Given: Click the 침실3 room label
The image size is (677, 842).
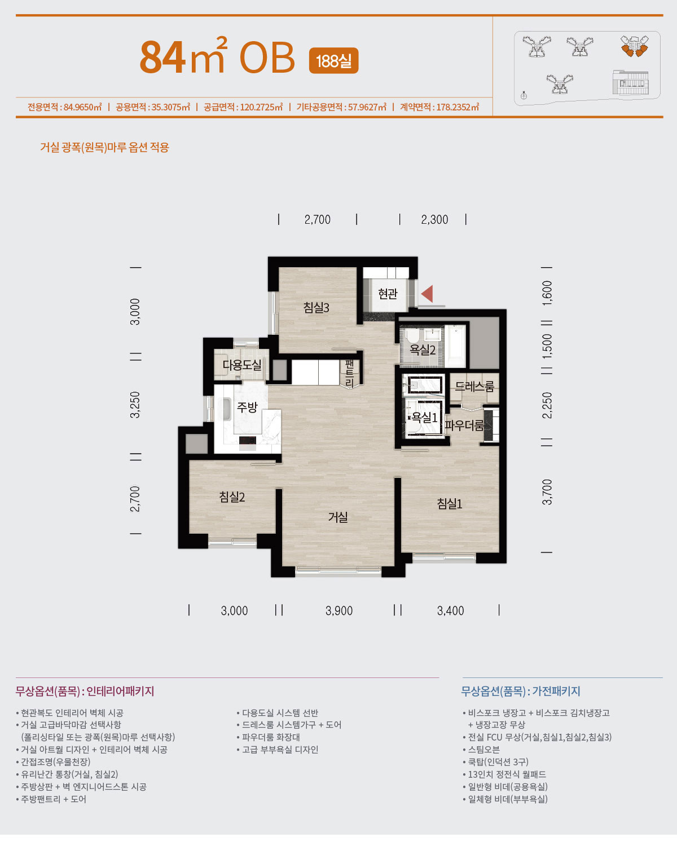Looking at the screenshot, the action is click(x=316, y=308).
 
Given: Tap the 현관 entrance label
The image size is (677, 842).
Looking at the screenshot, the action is click(x=388, y=294).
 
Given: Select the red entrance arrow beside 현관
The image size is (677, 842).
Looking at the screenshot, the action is click(x=427, y=294).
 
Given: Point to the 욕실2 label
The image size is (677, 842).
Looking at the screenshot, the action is click(x=423, y=349).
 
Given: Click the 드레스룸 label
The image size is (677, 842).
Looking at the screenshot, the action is click(x=474, y=387).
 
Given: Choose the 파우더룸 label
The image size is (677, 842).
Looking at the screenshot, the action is click(x=464, y=425).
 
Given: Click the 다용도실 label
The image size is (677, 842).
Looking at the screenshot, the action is click(x=241, y=365).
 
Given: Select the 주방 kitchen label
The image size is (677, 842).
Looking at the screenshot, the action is click(x=247, y=407).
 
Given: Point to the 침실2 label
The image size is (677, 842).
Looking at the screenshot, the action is click(x=232, y=497).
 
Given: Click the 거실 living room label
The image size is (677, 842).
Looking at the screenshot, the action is click(x=338, y=517).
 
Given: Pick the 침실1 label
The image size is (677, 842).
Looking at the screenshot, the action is click(x=450, y=503).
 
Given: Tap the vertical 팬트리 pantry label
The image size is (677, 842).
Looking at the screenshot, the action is click(x=349, y=374).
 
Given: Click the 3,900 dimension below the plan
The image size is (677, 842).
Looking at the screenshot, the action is click(x=339, y=611).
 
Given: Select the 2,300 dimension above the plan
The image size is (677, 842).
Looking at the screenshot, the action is click(x=434, y=219).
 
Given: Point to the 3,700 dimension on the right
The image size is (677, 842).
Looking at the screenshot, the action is click(x=547, y=492).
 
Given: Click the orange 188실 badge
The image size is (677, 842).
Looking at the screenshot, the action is click(x=334, y=60).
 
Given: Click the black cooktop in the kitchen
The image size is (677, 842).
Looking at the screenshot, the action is click(x=248, y=441).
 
